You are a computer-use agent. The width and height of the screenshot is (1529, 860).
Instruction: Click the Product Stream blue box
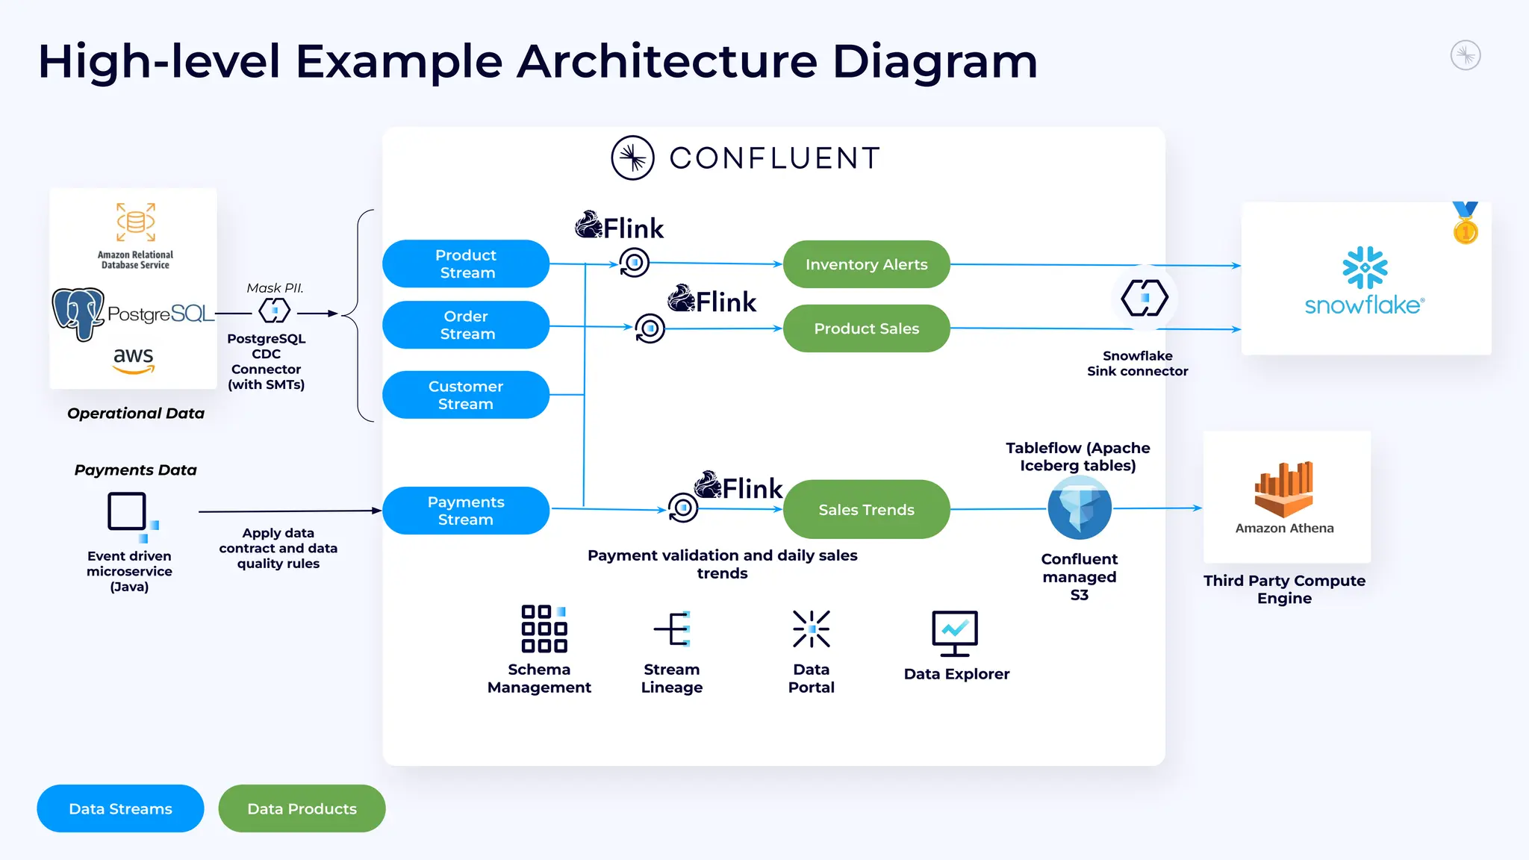(x=466, y=264)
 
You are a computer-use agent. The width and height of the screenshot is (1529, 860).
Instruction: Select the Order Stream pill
(x=466, y=325)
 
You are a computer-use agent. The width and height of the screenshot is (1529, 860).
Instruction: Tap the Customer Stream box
(x=466, y=395)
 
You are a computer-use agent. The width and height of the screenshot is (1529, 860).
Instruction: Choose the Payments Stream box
(x=466, y=511)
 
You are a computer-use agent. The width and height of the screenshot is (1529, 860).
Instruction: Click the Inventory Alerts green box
(x=866, y=264)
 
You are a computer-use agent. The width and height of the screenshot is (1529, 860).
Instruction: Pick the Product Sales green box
(x=866, y=328)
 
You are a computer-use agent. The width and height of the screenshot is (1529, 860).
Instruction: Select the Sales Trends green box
(x=866, y=509)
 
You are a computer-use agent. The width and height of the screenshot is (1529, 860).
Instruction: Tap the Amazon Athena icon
(x=1283, y=490)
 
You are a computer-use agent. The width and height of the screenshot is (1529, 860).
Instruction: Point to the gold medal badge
(x=1465, y=223)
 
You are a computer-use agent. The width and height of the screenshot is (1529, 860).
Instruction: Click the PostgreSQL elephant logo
(x=78, y=314)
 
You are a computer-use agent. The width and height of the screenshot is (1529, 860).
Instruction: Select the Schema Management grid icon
(x=544, y=629)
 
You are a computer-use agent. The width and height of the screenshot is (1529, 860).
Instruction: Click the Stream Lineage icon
(x=673, y=629)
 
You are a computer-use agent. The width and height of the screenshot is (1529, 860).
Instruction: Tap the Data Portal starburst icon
(x=811, y=629)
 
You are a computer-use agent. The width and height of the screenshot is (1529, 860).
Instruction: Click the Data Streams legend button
(x=120, y=808)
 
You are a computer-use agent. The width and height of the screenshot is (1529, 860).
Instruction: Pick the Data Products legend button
(x=302, y=808)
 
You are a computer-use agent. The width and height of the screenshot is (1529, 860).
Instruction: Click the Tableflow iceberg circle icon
(x=1080, y=508)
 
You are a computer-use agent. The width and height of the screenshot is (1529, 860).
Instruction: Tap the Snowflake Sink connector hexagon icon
(x=1144, y=298)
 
